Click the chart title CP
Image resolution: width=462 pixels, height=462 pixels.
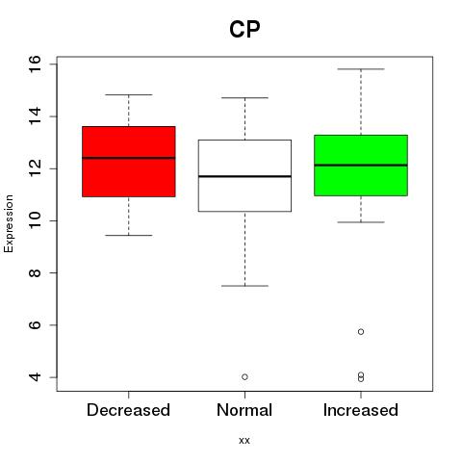click(x=244, y=29)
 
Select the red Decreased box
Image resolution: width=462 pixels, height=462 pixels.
click(x=129, y=162)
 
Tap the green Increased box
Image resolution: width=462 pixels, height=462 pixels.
click(x=361, y=166)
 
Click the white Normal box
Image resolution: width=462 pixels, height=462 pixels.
click(x=244, y=175)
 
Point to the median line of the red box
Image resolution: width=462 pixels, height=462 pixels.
click(x=129, y=158)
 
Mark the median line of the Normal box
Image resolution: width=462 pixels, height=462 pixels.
click(x=244, y=176)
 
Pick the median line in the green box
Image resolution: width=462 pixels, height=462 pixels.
click(x=361, y=165)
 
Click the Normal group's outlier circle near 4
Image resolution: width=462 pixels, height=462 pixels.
click(x=244, y=377)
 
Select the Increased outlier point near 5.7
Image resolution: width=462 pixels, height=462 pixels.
click(x=361, y=332)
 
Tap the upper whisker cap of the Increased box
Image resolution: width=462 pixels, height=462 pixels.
click(x=361, y=69)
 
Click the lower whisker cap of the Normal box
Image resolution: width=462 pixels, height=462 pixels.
click(x=244, y=286)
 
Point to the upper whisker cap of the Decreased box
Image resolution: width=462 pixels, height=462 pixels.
click(x=129, y=94)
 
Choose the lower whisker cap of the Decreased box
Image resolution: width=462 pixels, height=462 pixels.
click(x=129, y=235)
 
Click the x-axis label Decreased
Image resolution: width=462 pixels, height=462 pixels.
click(x=128, y=410)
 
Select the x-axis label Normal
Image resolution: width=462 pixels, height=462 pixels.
click(x=244, y=410)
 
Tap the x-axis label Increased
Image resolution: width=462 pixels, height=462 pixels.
click(x=361, y=410)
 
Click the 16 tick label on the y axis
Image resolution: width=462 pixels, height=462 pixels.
click(x=36, y=64)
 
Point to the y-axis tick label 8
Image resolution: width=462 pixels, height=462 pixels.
click(x=36, y=272)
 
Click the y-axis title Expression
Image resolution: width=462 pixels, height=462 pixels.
click(x=9, y=223)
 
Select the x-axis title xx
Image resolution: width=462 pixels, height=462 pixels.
click(x=244, y=441)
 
